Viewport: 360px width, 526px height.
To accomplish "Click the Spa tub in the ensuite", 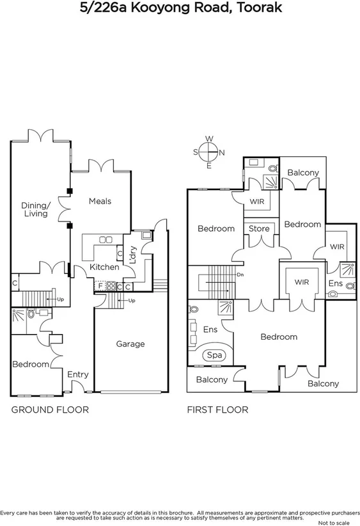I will coord(212,355).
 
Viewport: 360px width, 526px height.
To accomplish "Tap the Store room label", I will coord(259,228).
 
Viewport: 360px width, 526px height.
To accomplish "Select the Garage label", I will coord(130,344).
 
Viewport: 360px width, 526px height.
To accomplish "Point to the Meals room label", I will coord(100,201).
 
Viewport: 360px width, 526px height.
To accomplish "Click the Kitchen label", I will coord(104,267).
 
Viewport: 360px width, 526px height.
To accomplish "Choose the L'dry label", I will coord(133,255).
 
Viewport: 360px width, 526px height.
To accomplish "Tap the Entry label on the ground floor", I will coord(78,374).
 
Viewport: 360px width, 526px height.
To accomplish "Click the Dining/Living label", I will coord(35,209).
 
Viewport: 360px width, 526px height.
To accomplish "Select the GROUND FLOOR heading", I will coord(50,410).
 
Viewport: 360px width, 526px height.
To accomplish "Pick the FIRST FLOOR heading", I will coord(217,410).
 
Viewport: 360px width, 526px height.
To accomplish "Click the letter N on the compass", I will coord(222,152).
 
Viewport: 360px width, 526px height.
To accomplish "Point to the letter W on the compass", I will coord(208,139).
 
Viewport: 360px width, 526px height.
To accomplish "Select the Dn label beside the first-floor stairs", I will coord(240,275).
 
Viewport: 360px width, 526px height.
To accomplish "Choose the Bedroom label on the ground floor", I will coord(31,364).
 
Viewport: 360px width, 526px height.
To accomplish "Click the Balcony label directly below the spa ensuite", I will coord(212,379).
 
